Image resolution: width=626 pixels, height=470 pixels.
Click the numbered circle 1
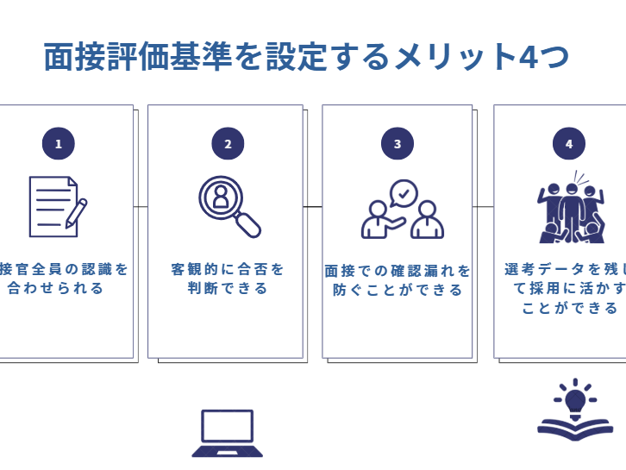(x=58, y=144)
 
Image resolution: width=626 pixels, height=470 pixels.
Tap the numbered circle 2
(x=228, y=144)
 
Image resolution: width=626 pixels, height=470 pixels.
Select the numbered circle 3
(x=397, y=144)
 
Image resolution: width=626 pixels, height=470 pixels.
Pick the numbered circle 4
(x=568, y=144)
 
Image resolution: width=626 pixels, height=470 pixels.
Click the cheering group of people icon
(x=569, y=212)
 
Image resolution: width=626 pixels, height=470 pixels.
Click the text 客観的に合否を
(x=228, y=269)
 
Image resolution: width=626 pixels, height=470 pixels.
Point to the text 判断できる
(x=228, y=289)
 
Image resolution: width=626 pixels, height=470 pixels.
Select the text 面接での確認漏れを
(x=398, y=271)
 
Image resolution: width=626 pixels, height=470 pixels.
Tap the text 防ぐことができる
(x=398, y=291)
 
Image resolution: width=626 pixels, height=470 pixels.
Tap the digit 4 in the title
(x=529, y=58)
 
